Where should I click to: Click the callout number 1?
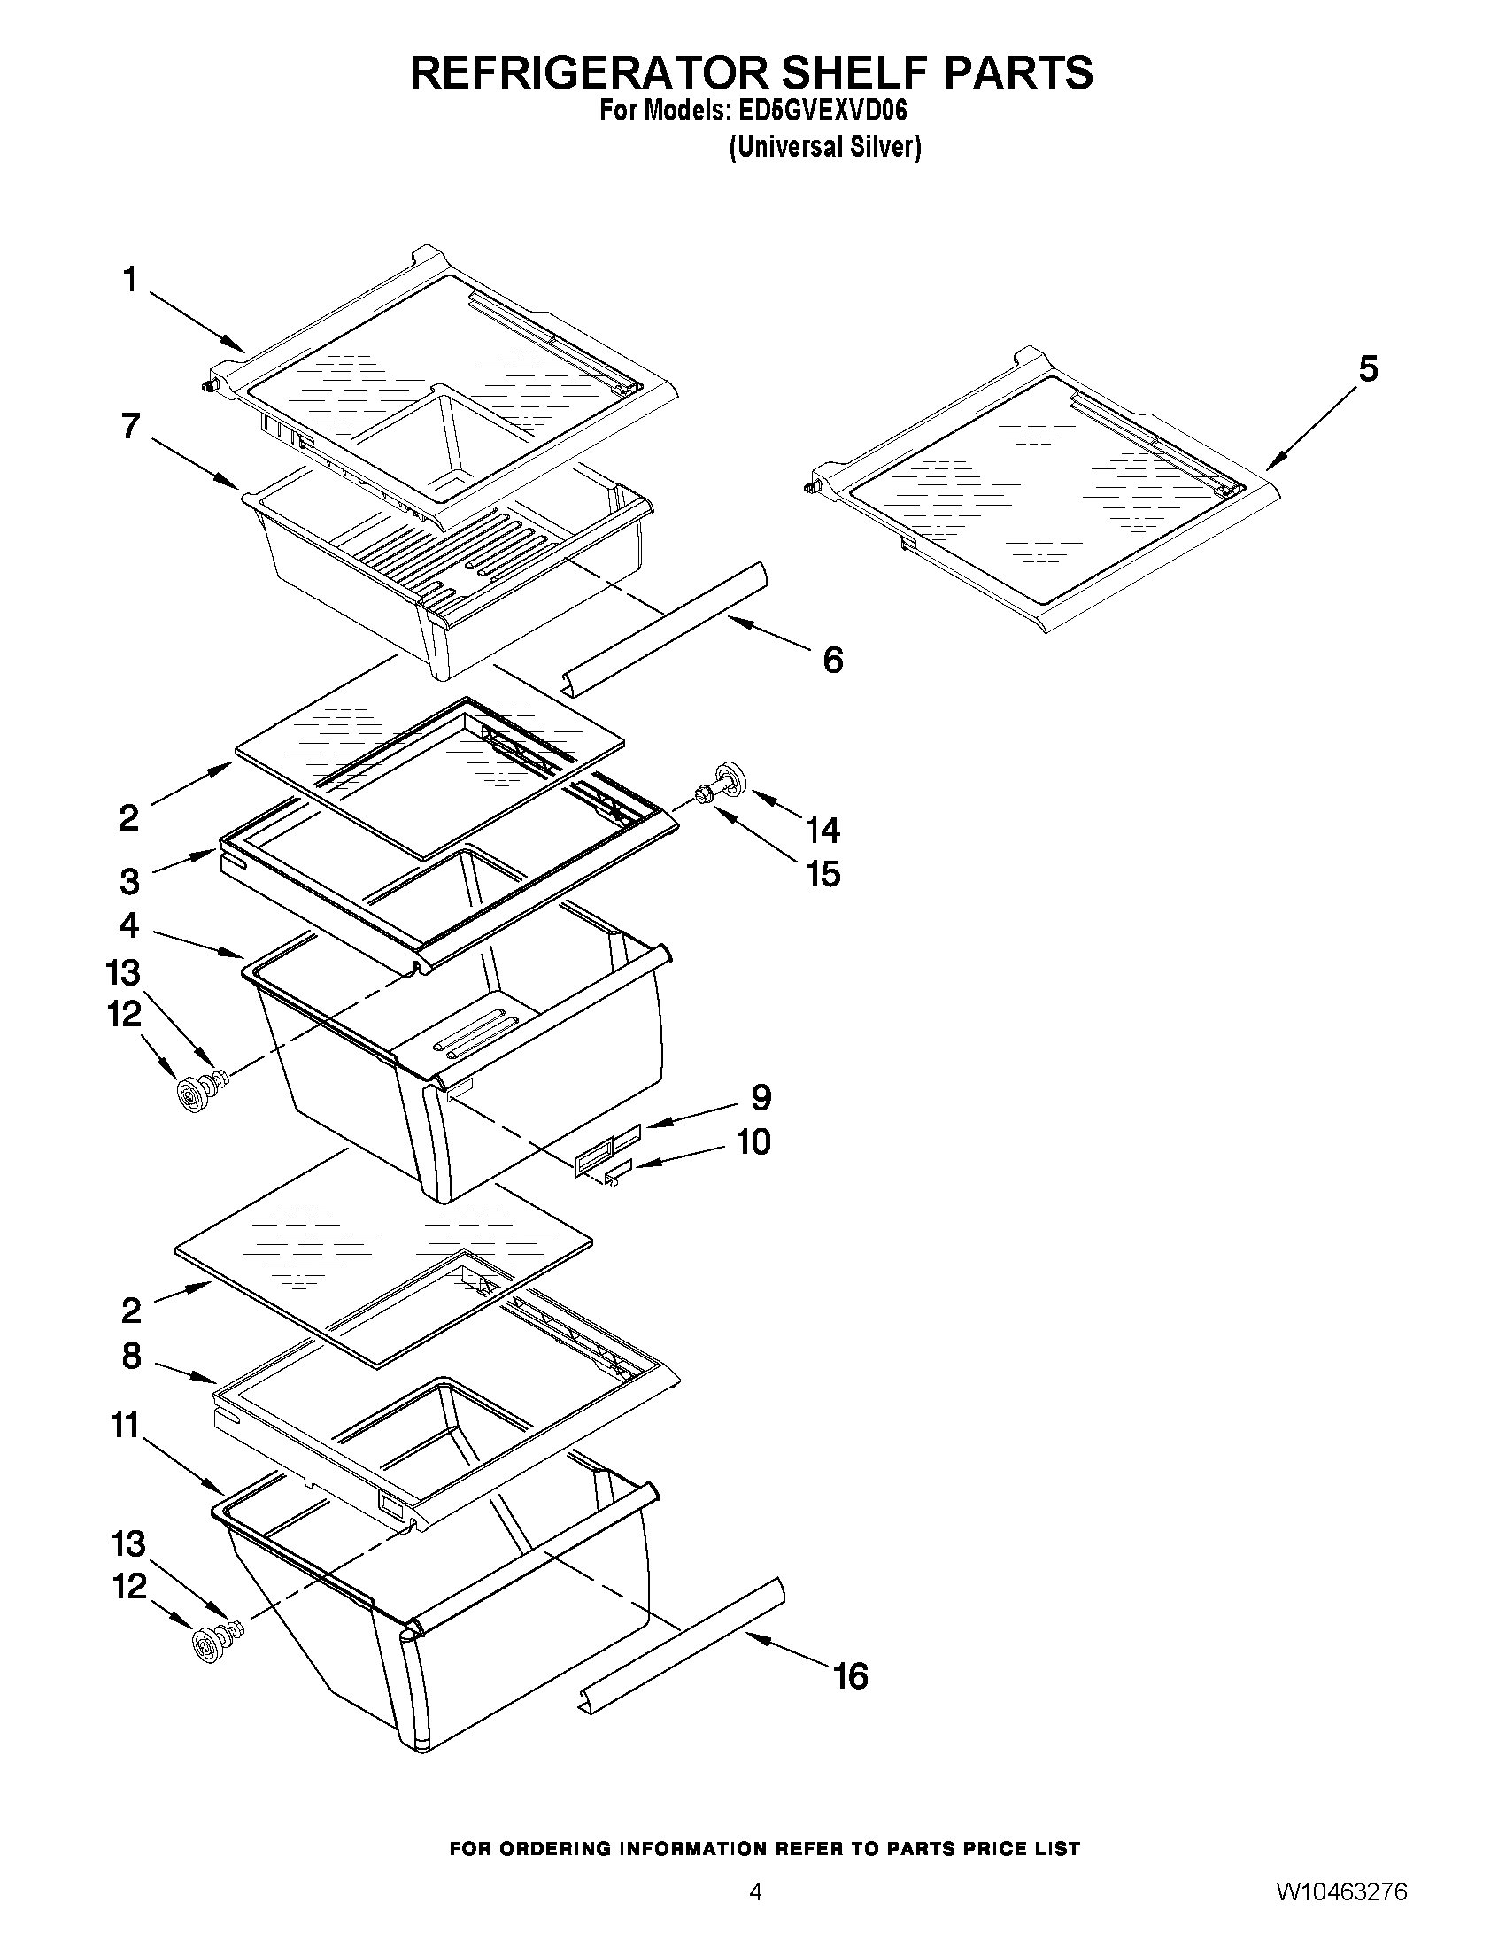click(x=130, y=280)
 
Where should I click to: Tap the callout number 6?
click(x=831, y=661)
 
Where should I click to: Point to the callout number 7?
click(x=131, y=427)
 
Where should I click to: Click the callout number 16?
click(x=850, y=1676)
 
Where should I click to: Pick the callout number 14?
click(x=822, y=831)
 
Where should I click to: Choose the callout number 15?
click(x=823, y=875)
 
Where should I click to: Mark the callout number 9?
click(x=761, y=1097)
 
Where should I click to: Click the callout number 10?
click(x=753, y=1141)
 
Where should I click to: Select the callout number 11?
click(x=126, y=1425)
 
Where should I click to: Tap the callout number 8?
click(x=131, y=1357)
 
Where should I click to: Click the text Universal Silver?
click(x=824, y=147)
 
